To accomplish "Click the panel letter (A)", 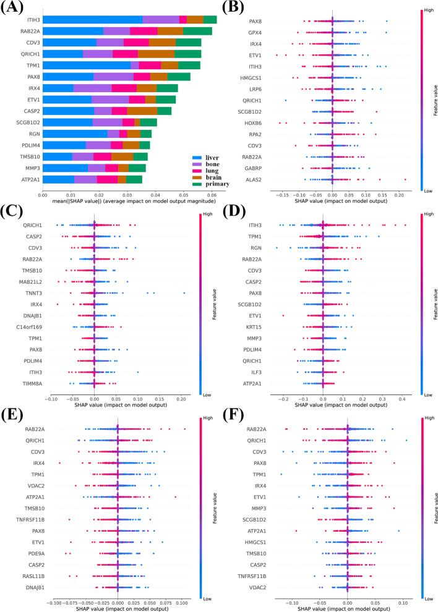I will (x=13, y=8).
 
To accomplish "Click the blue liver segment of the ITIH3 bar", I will (x=92, y=20).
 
